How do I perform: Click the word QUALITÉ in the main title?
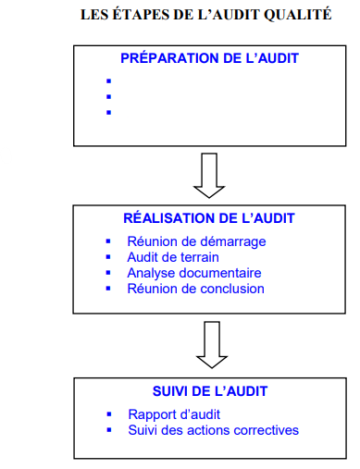click(298, 15)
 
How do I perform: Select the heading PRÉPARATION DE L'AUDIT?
click(209, 58)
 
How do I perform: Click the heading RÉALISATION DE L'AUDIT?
click(209, 218)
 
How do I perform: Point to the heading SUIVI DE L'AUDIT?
click(210, 391)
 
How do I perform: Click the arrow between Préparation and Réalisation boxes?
click(209, 175)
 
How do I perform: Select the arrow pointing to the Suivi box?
click(212, 345)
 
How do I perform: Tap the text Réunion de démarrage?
click(196, 241)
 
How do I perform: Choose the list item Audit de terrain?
click(173, 257)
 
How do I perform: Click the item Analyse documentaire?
click(194, 273)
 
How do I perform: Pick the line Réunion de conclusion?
click(196, 289)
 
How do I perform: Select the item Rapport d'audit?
click(174, 414)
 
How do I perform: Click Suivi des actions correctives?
click(214, 430)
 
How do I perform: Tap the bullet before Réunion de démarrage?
click(108, 241)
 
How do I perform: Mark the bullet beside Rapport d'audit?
click(109, 414)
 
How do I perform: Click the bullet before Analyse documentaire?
click(108, 273)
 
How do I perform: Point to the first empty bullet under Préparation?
click(108, 81)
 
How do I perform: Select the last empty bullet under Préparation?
click(108, 113)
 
